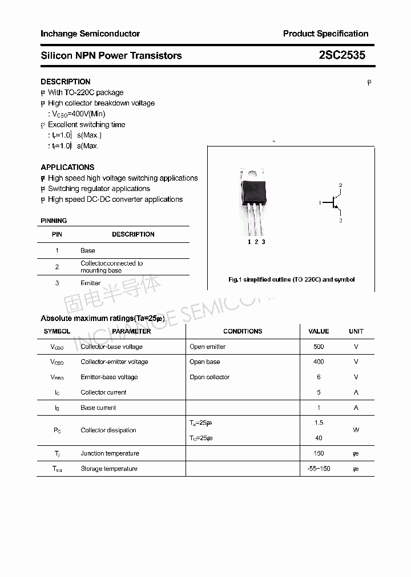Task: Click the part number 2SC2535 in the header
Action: coord(342,55)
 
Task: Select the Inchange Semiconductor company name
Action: coord(90,34)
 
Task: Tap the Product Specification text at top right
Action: coord(325,34)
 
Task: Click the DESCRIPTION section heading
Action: coord(65,82)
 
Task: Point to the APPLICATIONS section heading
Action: coord(67,167)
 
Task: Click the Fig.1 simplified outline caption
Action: coord(291,279)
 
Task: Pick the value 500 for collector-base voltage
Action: coord(319,347)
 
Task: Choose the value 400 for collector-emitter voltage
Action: coord(319,361)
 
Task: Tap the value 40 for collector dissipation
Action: coord(319,438)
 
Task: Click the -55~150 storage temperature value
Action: coord(319,469)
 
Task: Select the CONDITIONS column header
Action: coord(243,331)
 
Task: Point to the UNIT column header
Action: coord(356,331)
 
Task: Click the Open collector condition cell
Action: coord(209,377)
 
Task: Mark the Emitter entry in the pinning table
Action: coord(90,283)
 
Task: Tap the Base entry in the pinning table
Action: coord(88,250)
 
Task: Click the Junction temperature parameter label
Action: coord(110,453)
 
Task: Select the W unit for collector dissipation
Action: coord(356,430)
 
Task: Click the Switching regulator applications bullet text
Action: coord(99,189)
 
